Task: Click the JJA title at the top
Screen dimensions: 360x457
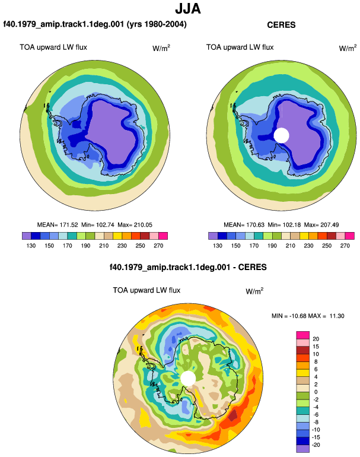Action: coord(188,9)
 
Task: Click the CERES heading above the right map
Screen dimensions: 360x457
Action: coord(281,25)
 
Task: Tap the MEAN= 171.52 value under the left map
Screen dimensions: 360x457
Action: coord(58,225)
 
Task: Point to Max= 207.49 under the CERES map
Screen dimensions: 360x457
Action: coord(321,225)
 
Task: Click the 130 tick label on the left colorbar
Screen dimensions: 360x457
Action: coord(31,246)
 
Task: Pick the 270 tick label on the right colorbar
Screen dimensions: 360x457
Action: coord(345,246)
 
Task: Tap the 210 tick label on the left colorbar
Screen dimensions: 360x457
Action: coord(104,246)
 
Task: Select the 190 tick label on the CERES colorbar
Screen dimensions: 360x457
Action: coord(272,246)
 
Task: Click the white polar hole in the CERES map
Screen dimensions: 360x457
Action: coord(281,135)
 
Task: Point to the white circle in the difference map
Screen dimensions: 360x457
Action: coord(188,378)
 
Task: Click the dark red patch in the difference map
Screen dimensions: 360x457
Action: coord(232,415)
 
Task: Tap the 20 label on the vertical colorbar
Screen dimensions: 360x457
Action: coord(316,339)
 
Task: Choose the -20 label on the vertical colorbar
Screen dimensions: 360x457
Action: coord(316,445)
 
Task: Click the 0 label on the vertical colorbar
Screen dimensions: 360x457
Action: coord(316,392)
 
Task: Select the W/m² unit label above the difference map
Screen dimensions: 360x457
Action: coord(254,291)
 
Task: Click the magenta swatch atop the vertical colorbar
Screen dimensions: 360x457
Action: coord(302,335)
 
